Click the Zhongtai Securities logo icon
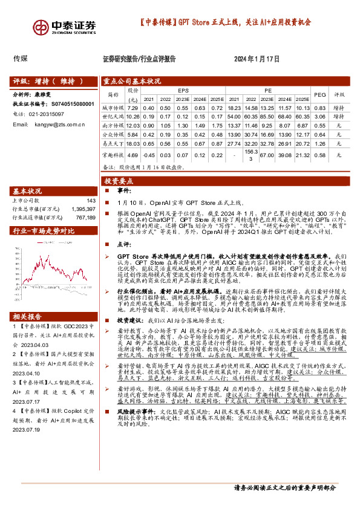[41, 27]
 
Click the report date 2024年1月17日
[257, 59]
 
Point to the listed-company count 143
[91, 200]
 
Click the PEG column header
[320, 94]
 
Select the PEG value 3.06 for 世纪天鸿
[320, 116]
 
